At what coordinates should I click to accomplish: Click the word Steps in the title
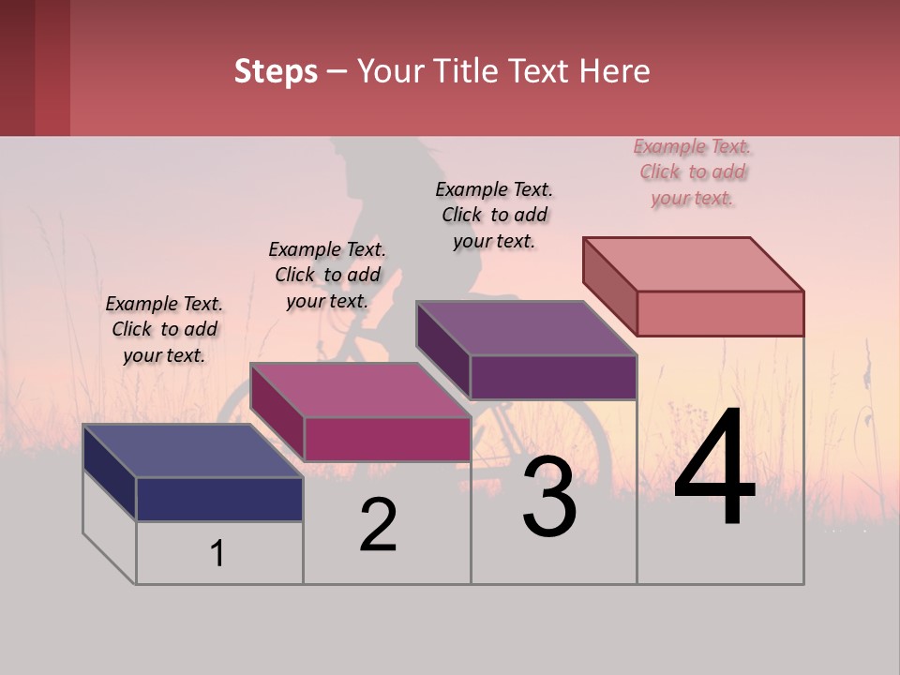pyautogui.click(x=276, y=71)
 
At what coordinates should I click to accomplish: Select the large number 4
pyautogui.click(x=714, y=470)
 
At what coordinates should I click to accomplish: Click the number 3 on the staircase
pyautogui.click(x=549, y=498)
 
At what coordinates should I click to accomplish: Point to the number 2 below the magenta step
pyautogui.click(x=379, y=525)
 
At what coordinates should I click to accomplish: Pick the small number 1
pyautogui.click(x=217, y=554)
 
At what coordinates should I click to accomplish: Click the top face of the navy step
pyautogui.click(x=192, y=451)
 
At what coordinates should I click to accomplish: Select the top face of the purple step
pyautogui.click(x=526, y=328)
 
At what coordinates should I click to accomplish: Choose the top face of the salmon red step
pyautogui.click(x=693, y=264)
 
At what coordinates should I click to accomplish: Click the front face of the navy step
pyautogui.click(x=219, y=499)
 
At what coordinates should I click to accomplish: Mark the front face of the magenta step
pyautogui.click(x=386, y=439)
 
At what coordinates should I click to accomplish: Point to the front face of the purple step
pyautogui.click(x=553, y=377)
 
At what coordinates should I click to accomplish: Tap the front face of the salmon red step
pyautogui.click(x=720, y=313)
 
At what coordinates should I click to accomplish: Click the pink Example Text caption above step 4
pyautogui.click(x=692, y=172)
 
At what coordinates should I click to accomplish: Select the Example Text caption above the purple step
pyautogui.click(x=494, y=215)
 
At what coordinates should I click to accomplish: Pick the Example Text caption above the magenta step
pyautogui.click(x=327, y=275)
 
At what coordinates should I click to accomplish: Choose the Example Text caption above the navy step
pyautogui.click(x=164, y=329)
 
